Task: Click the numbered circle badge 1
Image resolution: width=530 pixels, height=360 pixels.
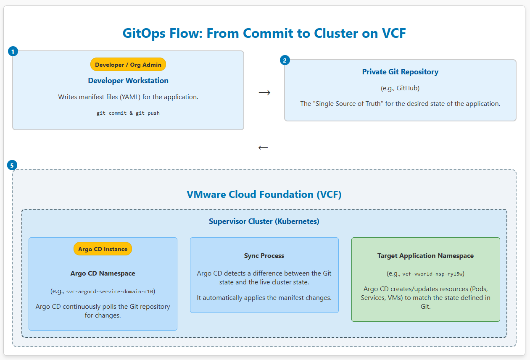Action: tap(13, 51)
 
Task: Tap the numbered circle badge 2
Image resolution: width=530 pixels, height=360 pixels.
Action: tap(285, 60)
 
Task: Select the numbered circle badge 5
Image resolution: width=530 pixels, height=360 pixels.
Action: tap(12, 165)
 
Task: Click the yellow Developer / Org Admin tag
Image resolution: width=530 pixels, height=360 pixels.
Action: tap(128, 64)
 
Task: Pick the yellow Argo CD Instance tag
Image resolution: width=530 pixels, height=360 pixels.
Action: tap(103, 249)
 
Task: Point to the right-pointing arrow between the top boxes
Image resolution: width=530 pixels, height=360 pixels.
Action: tap(264, 92)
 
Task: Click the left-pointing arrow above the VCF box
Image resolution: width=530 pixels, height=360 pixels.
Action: tap(263, 147)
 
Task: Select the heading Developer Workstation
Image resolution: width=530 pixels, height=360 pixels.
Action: tap(128, 81)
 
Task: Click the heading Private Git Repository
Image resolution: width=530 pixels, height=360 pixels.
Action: tap(400, 72)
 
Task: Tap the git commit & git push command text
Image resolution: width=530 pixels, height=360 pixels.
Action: tap(128, 113)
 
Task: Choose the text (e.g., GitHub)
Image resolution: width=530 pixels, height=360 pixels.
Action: tap(400, 88)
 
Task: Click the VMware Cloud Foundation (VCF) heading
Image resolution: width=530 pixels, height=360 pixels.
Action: tap(264, 194)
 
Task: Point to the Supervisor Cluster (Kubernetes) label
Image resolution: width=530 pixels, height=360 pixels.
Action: tap(264, 221)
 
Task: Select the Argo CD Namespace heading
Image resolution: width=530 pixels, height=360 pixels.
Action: tap(103, 273)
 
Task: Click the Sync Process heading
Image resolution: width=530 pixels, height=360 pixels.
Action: tap(264, 256)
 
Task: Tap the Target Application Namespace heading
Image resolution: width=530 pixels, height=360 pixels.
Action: tap(425, 256)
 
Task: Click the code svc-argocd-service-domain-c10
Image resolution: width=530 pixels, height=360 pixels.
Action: tap(111, 291)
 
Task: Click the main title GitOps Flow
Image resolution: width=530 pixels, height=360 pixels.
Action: tap(264, 33)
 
